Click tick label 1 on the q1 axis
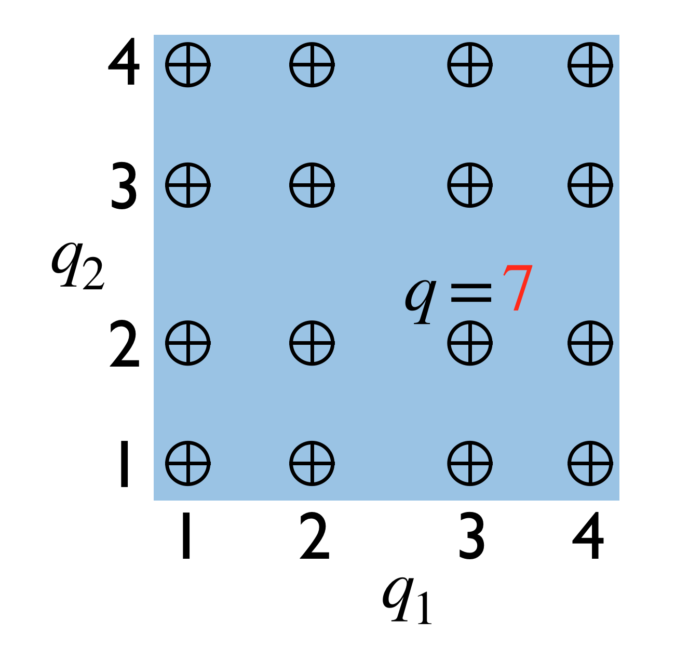(x=185, y=536)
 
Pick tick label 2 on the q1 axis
(x=315, y=536)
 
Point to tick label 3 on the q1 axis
(x=471, y=536)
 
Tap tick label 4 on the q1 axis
(x=588, y=536)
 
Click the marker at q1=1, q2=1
(x=188, y=463)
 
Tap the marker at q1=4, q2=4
(x=590, y=65)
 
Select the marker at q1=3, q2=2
(x=470, y=343)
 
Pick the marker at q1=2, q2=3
(x=312, y=185)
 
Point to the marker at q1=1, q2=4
(x=188, y=65)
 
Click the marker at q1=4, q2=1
(x=590, y=463)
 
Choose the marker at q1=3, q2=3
(x=470, y=185)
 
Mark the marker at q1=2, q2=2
(x=312, y=343)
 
